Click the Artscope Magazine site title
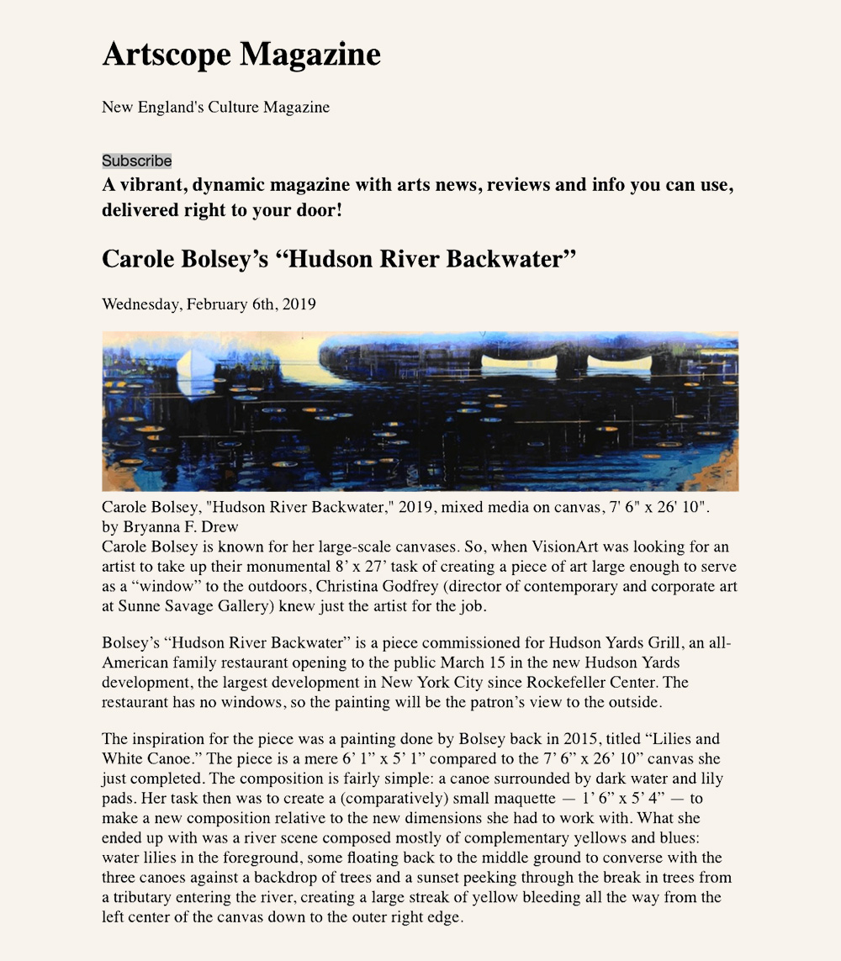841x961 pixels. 241,55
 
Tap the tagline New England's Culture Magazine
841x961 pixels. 215,107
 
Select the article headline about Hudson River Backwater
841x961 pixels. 338,258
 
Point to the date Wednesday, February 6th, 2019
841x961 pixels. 209,304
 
